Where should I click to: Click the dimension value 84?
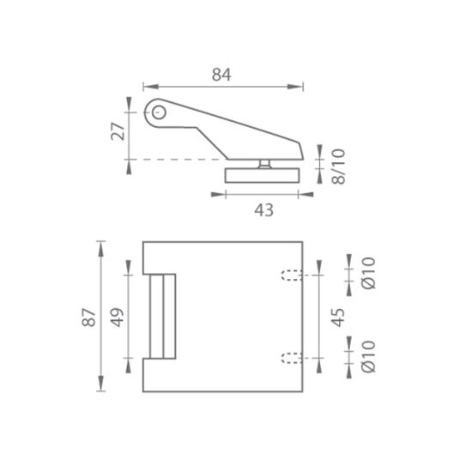[221, 75]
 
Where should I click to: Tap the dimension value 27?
[118, 131]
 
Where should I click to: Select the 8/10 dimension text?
[338, 166]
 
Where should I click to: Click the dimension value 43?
[263, 210]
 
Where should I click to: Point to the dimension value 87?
[88, 318]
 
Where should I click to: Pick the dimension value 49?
[117, 318]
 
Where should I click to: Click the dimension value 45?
[338, 318]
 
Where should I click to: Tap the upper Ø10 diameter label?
[369, 273]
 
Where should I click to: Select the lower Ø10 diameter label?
[369, 356]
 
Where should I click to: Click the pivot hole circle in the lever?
[159, 113]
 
